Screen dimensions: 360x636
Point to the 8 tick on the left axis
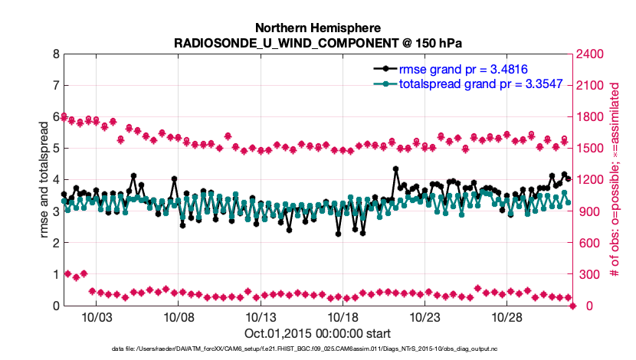tap(56, 54)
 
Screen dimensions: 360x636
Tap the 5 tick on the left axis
tap(56, 149)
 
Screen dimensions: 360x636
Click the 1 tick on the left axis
tap(56, 274)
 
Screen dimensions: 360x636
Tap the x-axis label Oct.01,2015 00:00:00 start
tap(318, 333)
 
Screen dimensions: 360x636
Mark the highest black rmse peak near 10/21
tap(396, 169)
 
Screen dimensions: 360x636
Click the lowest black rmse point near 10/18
tap(339, 234)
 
